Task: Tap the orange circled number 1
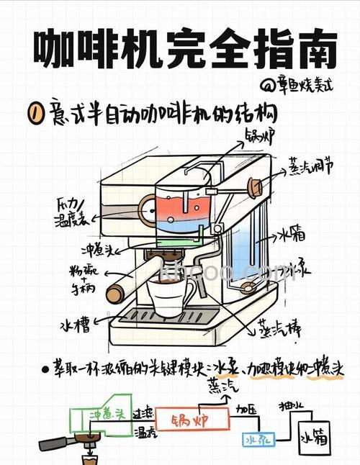point(32,113)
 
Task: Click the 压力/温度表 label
point(73,213)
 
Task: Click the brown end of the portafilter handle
point(114,294)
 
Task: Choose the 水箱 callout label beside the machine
point(292,234)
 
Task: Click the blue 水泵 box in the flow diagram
point(254,438)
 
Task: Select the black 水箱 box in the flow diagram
point(316,436)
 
